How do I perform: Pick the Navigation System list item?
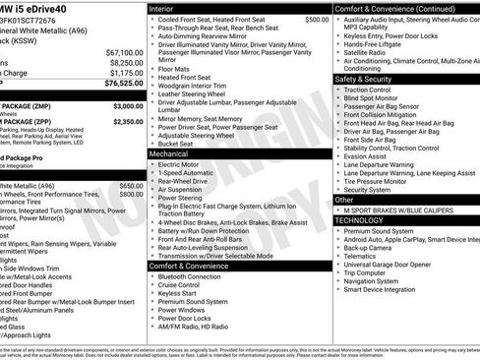click(x=376, y=281)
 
